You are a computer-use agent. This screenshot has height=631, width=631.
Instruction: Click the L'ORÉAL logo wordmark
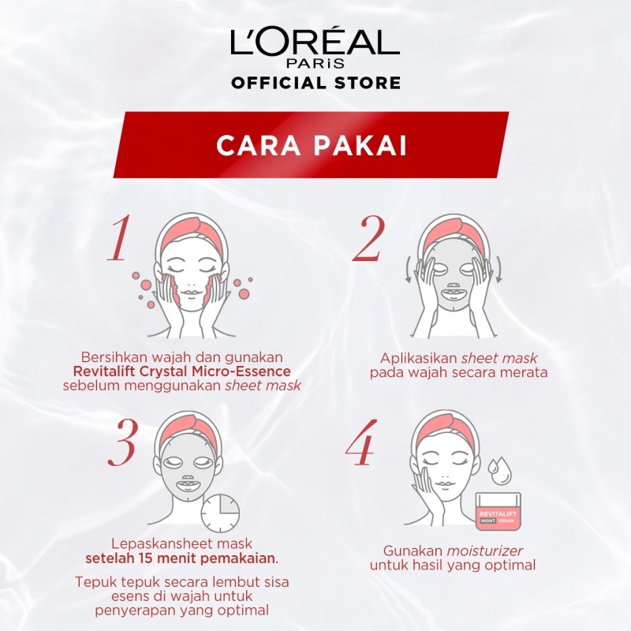click(315, 42)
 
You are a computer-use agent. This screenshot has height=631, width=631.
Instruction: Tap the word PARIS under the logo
click(315, 64)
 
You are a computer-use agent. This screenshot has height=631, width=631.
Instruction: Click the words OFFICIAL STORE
click(316, 83)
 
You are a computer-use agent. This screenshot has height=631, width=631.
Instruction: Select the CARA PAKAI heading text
click(312, 145)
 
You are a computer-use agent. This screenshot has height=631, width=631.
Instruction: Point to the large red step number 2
click(368, 239)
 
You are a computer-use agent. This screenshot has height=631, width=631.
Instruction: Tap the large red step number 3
click(122, 443)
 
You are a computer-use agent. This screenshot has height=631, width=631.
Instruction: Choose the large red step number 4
click(362, 442)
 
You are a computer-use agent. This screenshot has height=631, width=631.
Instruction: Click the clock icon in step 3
click(220, 514)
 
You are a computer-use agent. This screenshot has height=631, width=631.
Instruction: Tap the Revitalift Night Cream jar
click(498, 511)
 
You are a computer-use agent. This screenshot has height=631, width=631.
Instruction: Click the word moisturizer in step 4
click(485, 551)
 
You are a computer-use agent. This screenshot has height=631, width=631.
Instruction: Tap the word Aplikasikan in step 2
click(419, 358)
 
